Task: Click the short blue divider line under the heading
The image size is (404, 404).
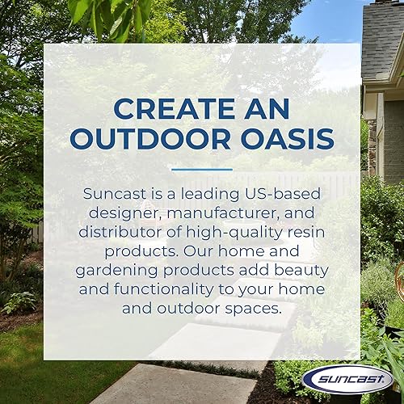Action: pyautogui.click(x=201, y=170)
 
